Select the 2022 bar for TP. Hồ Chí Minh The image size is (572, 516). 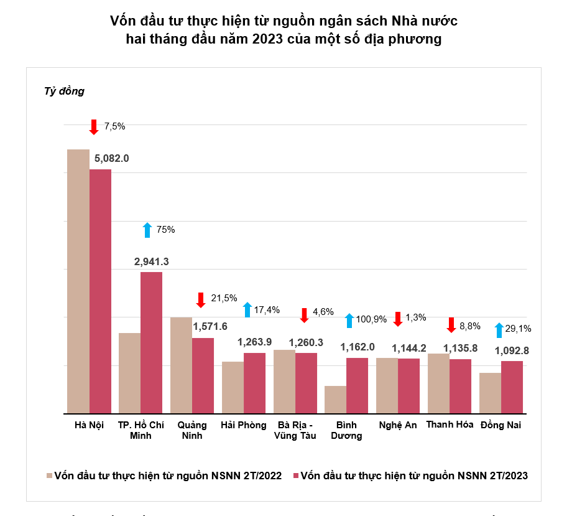[x=129, y=373]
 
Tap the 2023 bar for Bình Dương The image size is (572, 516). [x=357, y=385]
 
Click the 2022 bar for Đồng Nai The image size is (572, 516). [x=490, y=393]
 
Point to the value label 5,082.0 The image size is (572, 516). [x=111, y=158]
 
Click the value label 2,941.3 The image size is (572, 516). [x=151, y=261]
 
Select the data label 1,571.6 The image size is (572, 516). [x=210, y=326]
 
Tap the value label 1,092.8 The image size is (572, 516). [x=512, y=350]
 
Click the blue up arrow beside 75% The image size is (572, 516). [x=147, y=230]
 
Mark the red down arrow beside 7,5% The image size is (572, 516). [x=94, y=126]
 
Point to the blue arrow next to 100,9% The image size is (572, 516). [x=349, y=321]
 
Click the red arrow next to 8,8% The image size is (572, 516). [x=452, y=325]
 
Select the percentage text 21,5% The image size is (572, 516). [x=224, y=298]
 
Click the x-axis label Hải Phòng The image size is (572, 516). [x=243, y=425]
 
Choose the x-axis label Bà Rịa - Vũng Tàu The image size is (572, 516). [x=295, y=430]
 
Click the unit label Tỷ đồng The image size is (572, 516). [x=64, y=91]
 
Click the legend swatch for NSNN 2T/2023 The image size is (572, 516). [x=295, y=476]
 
